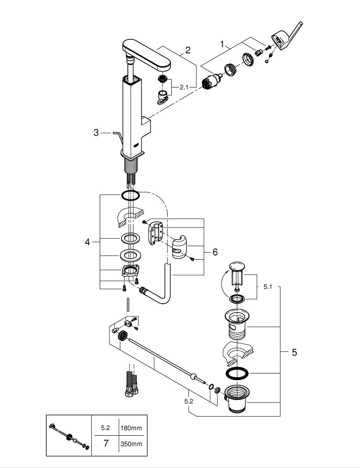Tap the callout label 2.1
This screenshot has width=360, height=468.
point(184,87)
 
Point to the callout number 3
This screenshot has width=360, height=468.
point(96,132)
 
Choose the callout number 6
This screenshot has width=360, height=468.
point(215,252)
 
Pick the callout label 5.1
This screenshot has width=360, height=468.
point(267,287)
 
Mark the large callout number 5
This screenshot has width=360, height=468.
point(294,352)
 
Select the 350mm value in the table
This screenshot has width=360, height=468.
point(132,443)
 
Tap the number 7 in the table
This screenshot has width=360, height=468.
point(106,443)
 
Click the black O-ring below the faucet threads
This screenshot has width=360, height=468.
point(131,195)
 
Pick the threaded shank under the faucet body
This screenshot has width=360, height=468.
point(131,166)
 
